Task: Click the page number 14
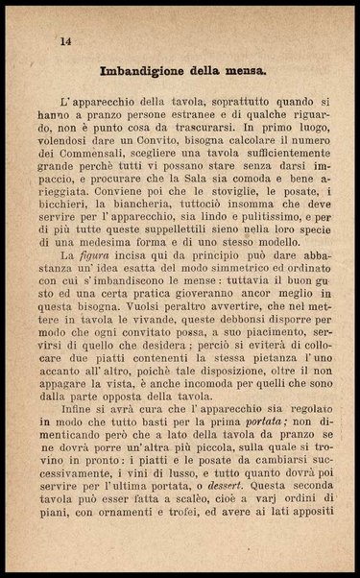coord(65,40)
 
